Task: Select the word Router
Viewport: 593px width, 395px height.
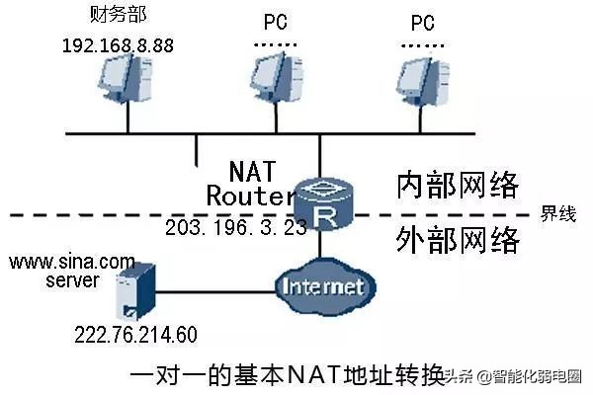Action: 251,196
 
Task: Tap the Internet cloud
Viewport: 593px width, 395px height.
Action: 322,286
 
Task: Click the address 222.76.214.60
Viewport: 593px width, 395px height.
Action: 135,335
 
